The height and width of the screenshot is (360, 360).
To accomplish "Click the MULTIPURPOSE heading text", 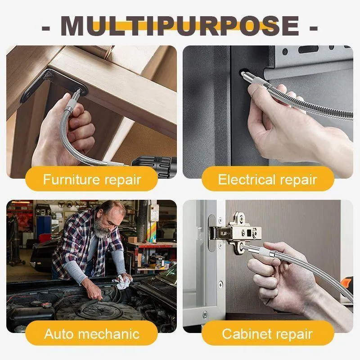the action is pos(180,26).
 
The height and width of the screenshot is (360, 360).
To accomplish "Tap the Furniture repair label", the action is pos(92,179).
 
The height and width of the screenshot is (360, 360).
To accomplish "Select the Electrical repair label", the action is pos(267,179).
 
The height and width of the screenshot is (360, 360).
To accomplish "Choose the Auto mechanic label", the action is pos(92,333).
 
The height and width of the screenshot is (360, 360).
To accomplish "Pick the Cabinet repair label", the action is pos(267,333).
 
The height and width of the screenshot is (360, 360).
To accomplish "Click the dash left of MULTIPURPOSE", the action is pos(46,28).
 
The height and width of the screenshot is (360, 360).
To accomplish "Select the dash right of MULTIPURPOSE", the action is pos(314,28).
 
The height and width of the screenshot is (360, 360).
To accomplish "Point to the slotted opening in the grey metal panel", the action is pos(308,49).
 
